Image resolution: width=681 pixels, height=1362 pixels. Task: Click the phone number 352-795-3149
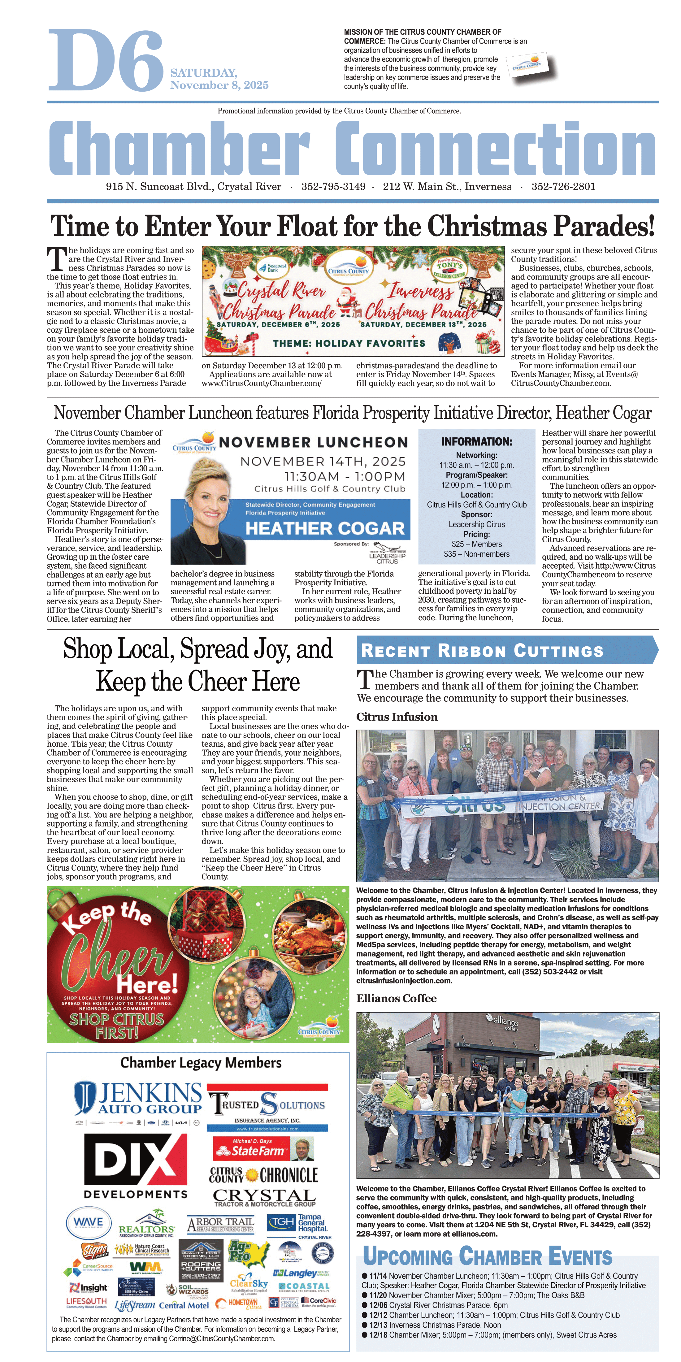point(333,187)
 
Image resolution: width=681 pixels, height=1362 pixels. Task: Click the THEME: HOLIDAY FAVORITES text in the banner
point(349,343)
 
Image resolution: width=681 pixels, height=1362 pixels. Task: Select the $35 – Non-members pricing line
point(476,554)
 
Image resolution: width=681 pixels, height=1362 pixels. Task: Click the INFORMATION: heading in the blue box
point(476,441)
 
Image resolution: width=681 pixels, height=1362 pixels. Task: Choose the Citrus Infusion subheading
point(397,717)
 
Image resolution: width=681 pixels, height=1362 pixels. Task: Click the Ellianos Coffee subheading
point(396,998)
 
